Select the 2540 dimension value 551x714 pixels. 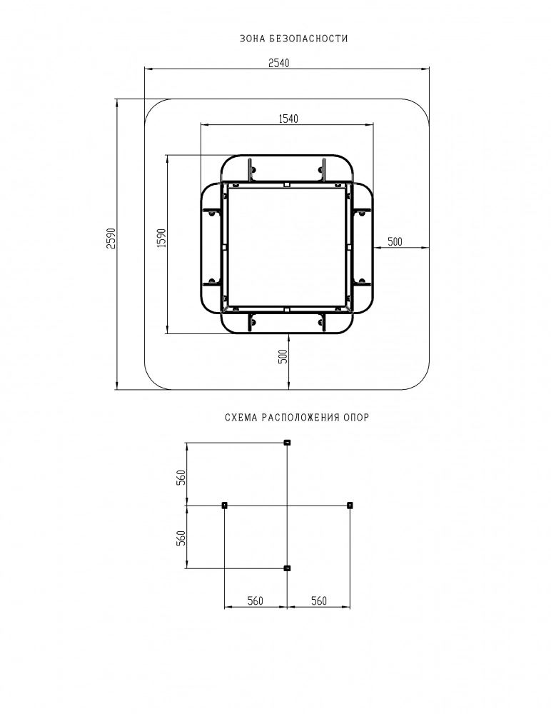tap(278, 63)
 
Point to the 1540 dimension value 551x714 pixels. tap(288, 119)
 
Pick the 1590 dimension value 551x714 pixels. tap(161, 238)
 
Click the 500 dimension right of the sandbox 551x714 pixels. tap(395, 242)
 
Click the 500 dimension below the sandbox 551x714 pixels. tap(283, 356)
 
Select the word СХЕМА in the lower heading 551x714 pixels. tap(241, 417)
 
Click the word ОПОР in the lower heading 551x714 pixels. tap(357, 417)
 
